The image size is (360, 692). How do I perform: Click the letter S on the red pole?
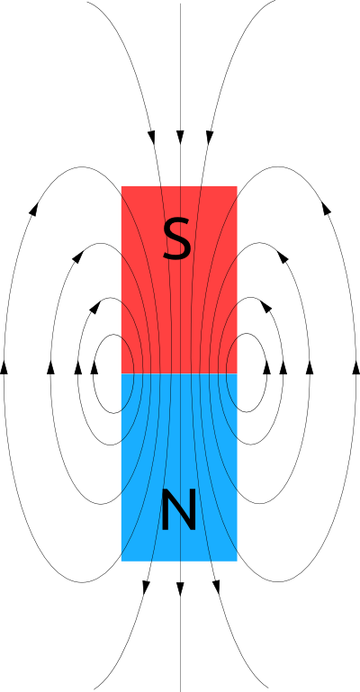(177, 240)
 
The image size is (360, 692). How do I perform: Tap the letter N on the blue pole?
(179, 509)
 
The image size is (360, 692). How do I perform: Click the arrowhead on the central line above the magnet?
(180, 138)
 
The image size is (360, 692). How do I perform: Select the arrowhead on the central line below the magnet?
(180, 589)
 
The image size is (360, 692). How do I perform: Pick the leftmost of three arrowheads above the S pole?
(152, 138)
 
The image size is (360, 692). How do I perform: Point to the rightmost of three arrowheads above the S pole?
(210, 138)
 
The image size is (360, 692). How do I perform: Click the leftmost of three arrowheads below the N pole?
(146, 588)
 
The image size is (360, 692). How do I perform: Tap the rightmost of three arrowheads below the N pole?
(216, 587)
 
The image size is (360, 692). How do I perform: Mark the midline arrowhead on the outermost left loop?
(4, 367)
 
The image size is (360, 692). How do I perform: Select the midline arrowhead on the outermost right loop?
(356, 367)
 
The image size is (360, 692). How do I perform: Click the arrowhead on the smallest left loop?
(94, 367)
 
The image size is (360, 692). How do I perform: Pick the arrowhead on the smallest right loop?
(267, 367)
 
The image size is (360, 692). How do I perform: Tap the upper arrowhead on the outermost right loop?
(326, 208)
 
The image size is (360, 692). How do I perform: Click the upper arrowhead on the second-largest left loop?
(77, 256)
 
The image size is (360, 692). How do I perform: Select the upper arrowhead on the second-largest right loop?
(283, 256)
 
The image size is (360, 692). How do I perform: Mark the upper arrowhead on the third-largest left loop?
(94, 307)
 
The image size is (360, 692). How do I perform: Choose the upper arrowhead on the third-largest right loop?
(265, 307)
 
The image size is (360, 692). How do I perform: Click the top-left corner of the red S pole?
(121, 186)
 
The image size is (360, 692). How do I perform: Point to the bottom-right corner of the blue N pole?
(237, 561)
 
